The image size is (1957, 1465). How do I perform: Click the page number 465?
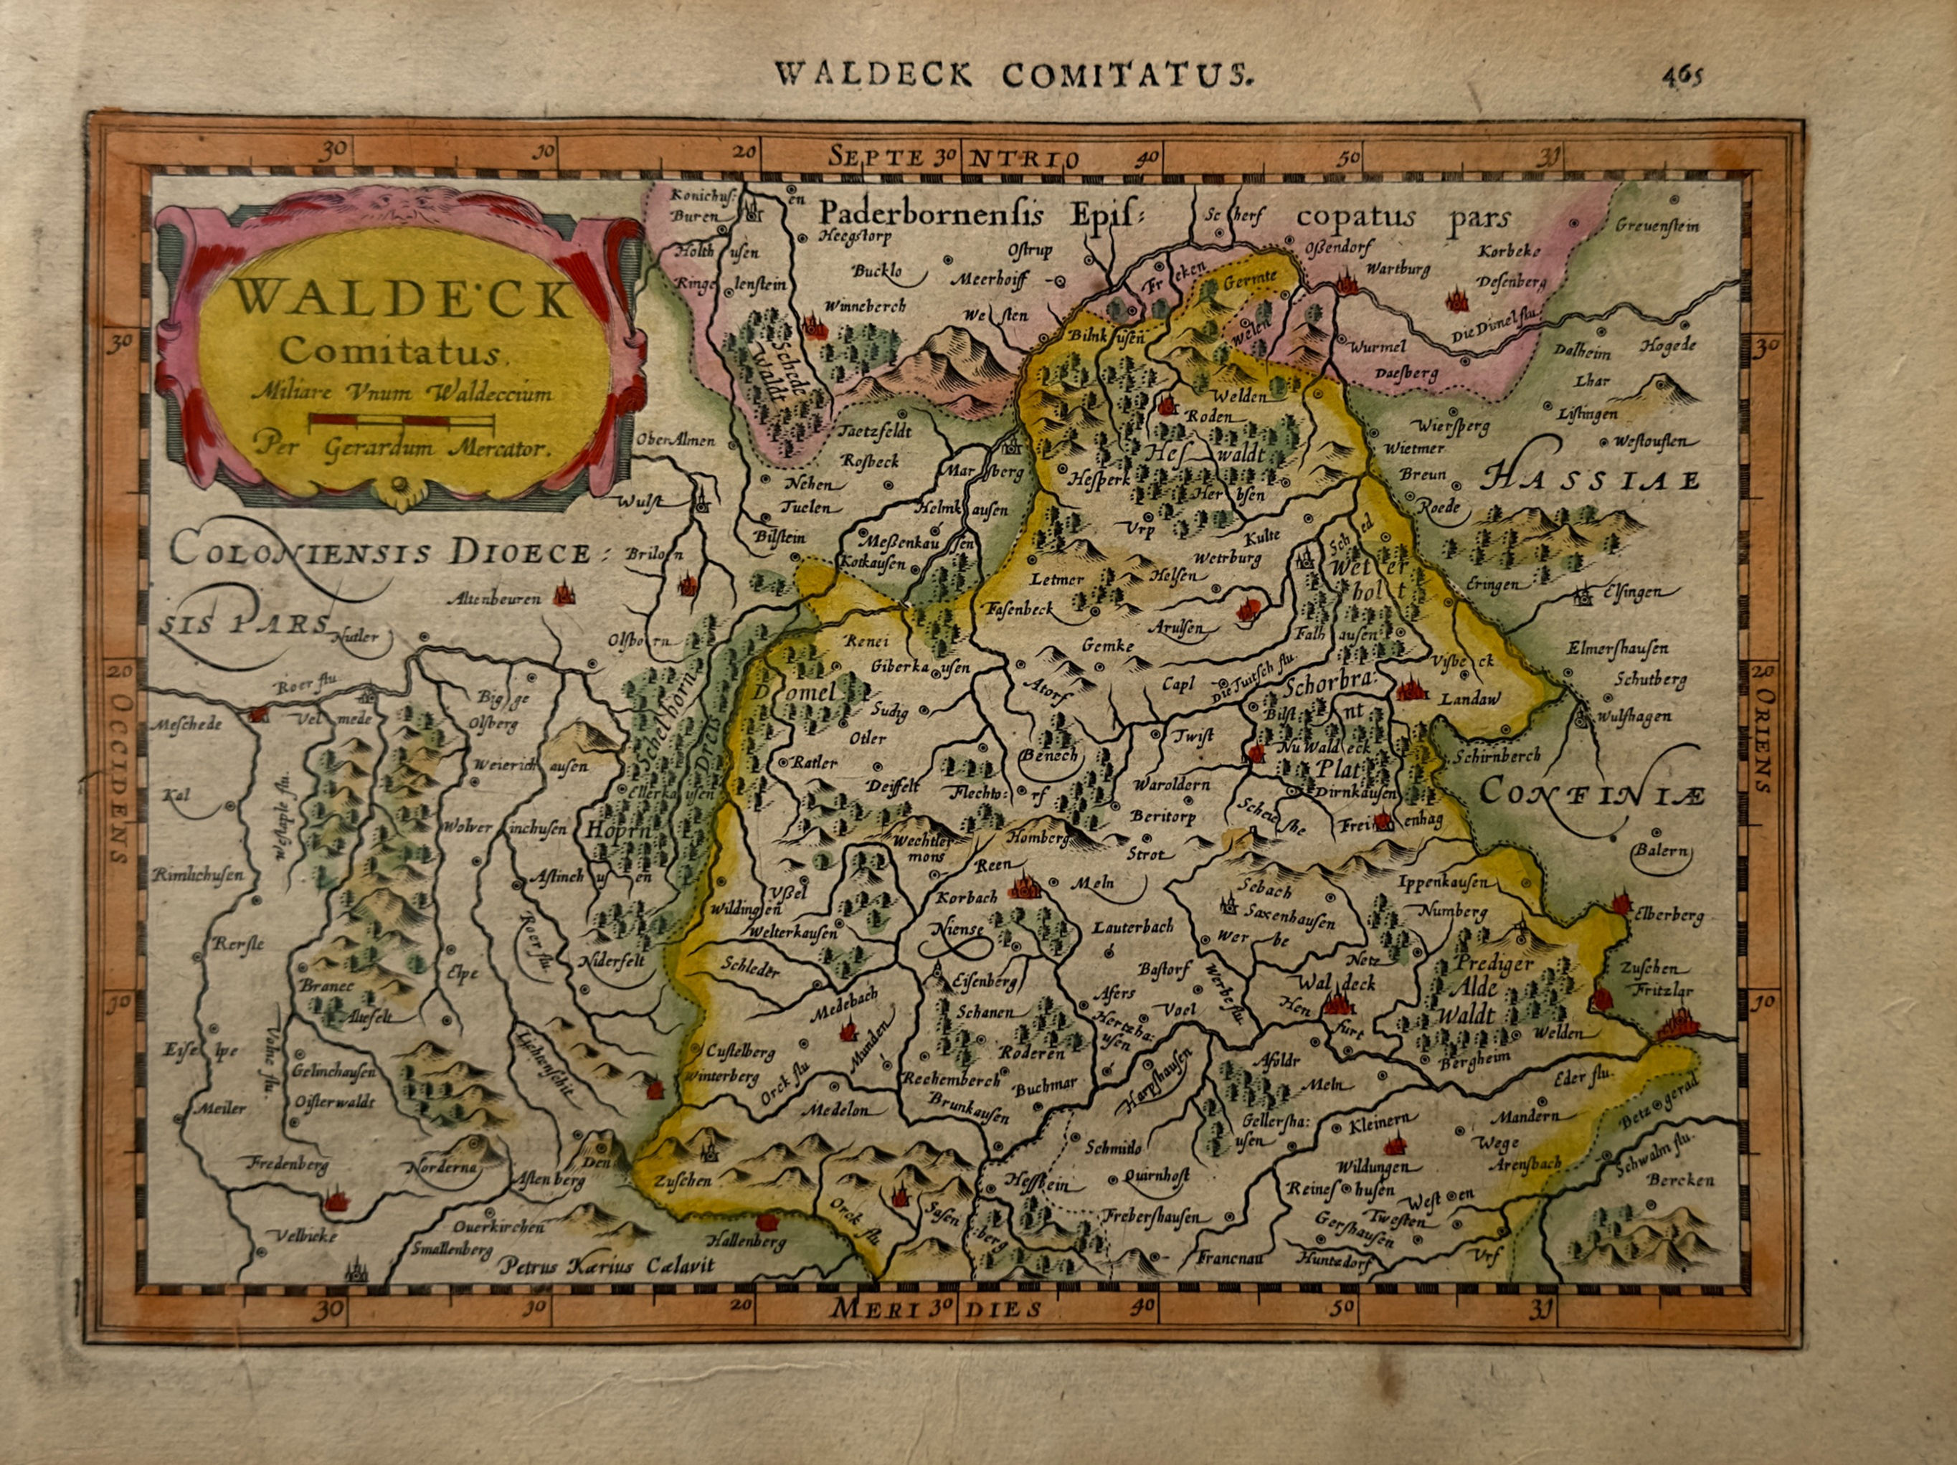[x=1680, y=75]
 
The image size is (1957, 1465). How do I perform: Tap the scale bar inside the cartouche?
[x=402, y=419]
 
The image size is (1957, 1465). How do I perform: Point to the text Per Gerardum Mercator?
[x=402, y=448]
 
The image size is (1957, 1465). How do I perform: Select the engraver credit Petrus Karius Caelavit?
[x=607, y=1266]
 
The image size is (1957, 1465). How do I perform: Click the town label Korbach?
[x=967, y=897]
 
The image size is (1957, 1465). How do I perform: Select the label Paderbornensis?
[x=931, y=215]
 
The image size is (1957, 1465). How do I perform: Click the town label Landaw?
[x=1470, y=698]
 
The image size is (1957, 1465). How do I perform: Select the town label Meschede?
[x=185, y=724]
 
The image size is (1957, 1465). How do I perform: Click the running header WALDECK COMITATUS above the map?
[x=1013, y=75]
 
